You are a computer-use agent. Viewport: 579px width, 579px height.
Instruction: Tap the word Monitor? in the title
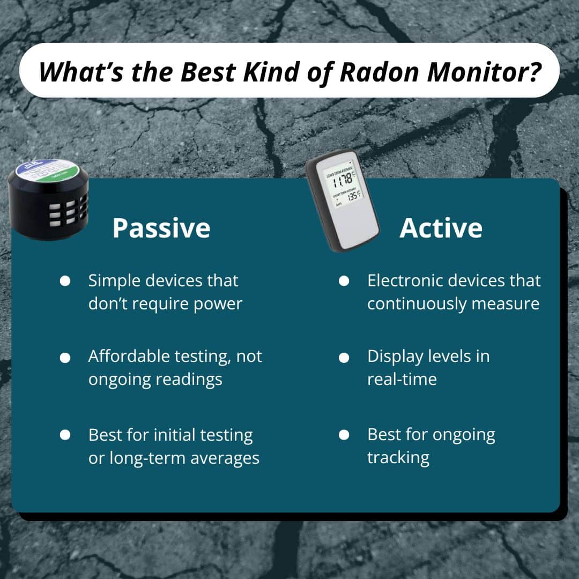coord(486,71)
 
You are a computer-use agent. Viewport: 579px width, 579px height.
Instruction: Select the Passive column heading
coord(161,228)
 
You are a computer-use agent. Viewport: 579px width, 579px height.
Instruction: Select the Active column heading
coord(441,228)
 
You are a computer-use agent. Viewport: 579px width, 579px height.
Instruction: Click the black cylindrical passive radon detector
coord(48,209)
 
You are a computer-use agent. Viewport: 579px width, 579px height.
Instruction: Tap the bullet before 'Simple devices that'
coord(65,281)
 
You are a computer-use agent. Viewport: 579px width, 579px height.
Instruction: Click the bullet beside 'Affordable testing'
coord(65,357)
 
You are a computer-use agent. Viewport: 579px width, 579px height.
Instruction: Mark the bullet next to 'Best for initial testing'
coord(65,435)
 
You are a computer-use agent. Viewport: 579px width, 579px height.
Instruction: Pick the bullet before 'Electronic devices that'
coord(344,281)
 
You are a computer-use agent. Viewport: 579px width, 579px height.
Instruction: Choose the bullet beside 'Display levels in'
coord(344,357)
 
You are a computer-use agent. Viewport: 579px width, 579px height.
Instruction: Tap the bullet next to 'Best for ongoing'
coord(344,435)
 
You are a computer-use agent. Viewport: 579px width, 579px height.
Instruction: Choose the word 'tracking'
coord(398,458)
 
